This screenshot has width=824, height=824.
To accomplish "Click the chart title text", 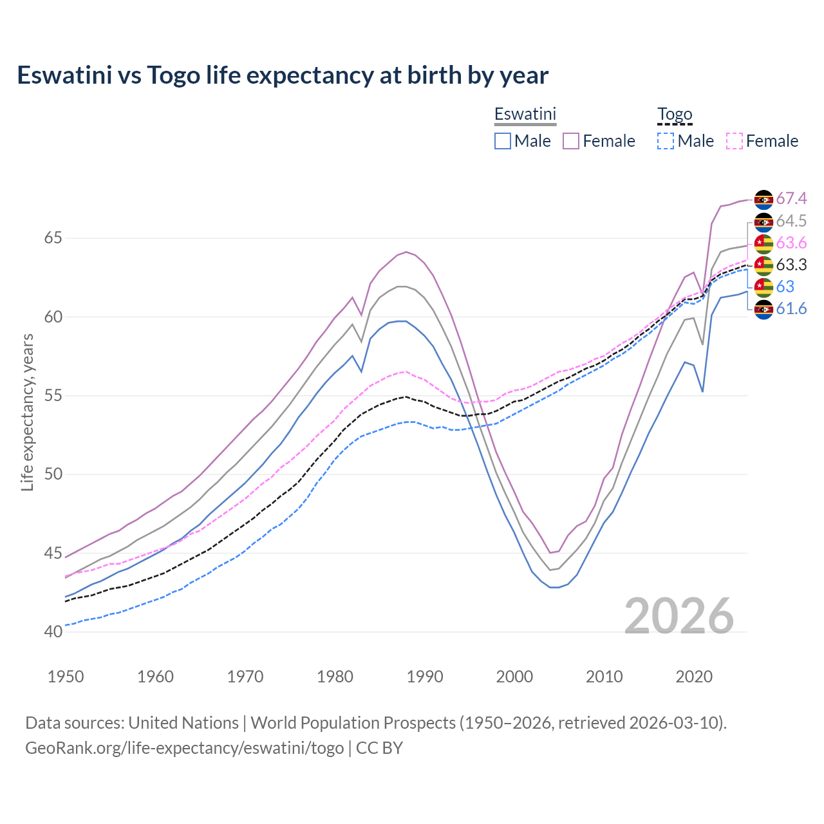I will coord(283,75).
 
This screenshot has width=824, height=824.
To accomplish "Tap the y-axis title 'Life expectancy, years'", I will coord(27,412).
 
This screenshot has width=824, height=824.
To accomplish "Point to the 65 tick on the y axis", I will coord(53,238).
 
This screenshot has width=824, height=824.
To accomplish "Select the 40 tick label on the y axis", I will coord(53,632).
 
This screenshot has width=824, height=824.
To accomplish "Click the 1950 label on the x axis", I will coord(66,677).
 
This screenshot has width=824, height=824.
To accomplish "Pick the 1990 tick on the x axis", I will coord(425,677).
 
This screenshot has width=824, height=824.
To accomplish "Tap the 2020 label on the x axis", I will coord(694,677).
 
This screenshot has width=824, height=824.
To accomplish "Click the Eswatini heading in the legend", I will coord(525,114).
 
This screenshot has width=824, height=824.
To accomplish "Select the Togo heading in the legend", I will coord(674,114).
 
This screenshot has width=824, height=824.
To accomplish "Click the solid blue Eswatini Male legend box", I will coord(503,141).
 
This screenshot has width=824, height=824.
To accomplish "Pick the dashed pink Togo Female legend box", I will coord(734,141).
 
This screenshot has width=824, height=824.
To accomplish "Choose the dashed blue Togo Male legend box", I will coord(666,141).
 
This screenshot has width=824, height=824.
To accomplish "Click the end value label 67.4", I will coord(791,199).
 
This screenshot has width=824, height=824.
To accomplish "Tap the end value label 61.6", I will coord(791,309).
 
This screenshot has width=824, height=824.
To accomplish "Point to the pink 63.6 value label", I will coord(791,243).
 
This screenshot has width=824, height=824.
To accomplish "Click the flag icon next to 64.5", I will coord(763,221).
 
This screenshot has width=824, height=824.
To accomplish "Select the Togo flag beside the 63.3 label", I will coord(763,265).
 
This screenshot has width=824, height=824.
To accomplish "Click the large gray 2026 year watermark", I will coord(679,616).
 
